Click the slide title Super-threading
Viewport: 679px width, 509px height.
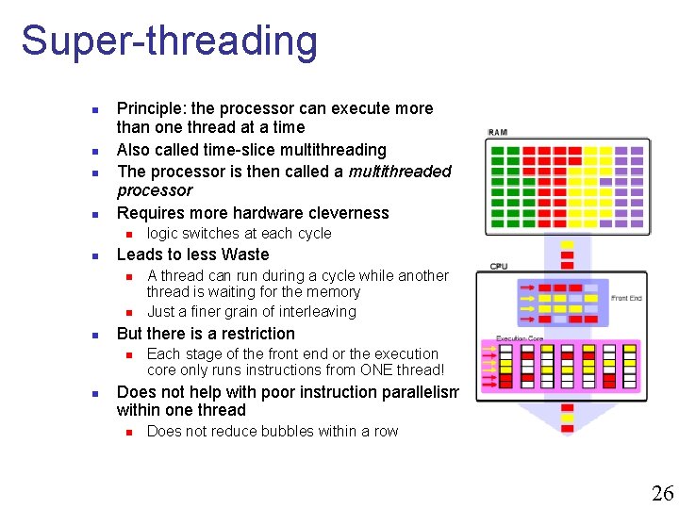click(170, 41)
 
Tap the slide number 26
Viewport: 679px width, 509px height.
click(662, 492)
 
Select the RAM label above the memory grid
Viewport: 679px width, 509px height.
click(497, 132)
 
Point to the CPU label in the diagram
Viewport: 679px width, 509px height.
click(498, 266)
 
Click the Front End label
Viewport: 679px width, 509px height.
click(626, 299)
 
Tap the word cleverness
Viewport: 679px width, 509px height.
click(344, 213)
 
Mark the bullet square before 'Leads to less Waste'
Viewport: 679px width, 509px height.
click(94, 255)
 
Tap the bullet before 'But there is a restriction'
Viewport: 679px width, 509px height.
click(94, 335)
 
